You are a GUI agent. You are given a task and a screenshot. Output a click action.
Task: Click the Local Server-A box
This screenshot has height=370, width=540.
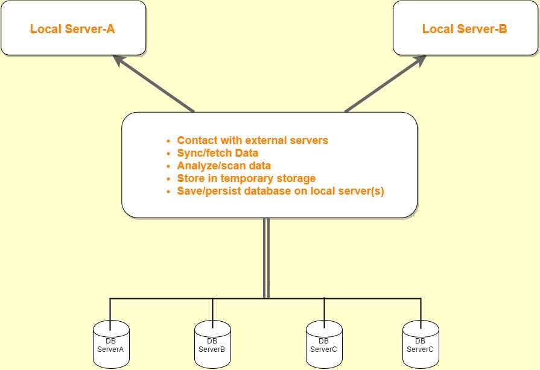[73, 28]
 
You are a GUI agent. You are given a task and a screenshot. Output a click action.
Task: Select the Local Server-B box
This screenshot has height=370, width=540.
[465, 28]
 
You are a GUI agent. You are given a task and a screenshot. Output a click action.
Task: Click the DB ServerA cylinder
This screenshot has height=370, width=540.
[111, 345]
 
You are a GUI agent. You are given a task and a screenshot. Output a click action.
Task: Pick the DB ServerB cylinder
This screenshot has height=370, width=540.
[212, 345]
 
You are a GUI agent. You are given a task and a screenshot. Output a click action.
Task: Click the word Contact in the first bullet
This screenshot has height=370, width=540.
[196, 140]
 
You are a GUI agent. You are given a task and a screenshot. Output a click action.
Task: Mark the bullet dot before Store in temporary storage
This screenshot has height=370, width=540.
[169, 179]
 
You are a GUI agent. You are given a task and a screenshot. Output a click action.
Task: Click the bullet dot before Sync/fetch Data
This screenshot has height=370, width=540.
[169, 154]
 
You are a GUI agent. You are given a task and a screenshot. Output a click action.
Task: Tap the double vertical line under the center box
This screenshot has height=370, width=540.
[266, 256]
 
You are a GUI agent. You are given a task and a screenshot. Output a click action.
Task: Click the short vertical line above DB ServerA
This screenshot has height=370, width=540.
[110, 310]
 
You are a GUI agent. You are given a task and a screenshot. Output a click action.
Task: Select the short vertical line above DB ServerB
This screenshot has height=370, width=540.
[212, 310]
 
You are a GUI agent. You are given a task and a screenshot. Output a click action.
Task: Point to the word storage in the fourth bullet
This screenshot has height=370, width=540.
[296, 178]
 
